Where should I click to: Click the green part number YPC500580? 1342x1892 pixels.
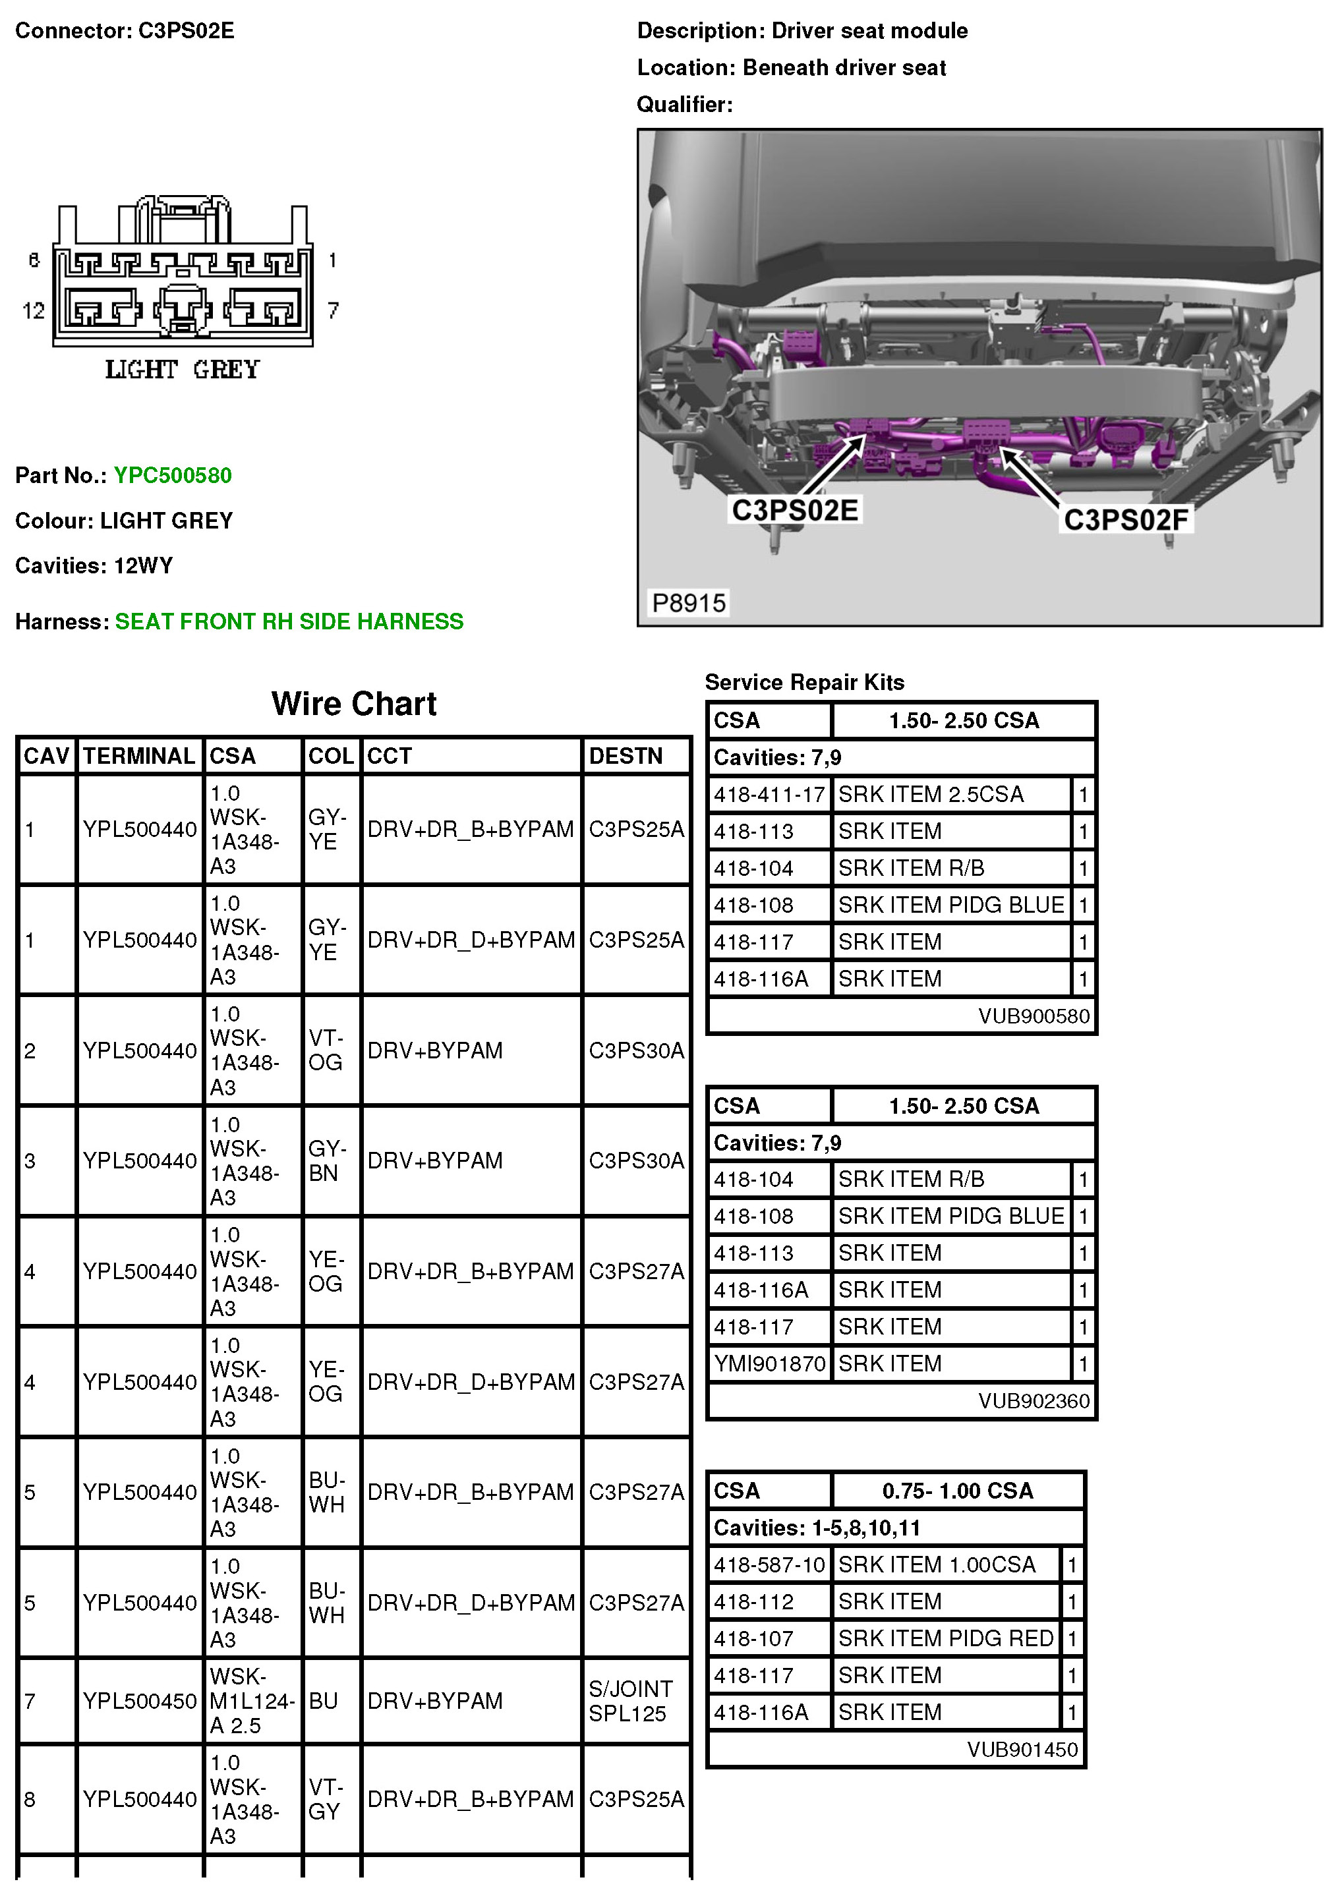[173, 475]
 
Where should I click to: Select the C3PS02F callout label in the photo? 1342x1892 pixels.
[1126, 520]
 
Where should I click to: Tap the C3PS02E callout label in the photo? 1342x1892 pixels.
[795, 510]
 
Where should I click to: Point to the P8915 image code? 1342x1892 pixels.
[688, 603]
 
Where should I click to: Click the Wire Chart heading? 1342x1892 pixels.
[354, 704]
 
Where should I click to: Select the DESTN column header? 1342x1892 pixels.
[626, 756]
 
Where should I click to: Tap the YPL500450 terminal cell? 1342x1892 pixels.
[140, 1700]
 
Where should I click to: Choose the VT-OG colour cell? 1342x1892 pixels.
[326, 1050]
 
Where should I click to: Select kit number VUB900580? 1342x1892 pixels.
[1034, 1016]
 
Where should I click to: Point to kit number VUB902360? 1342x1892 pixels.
[1034, 1401]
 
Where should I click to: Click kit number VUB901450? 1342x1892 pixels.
[1022, 1749]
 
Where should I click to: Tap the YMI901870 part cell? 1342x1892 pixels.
[769, 1363]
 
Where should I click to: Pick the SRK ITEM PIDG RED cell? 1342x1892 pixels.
[945, 1638]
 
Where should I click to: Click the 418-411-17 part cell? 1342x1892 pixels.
[769, 795]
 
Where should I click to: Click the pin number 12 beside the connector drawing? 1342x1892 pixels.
[33, 310]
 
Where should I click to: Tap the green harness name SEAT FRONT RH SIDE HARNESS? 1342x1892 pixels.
[289, 621]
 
